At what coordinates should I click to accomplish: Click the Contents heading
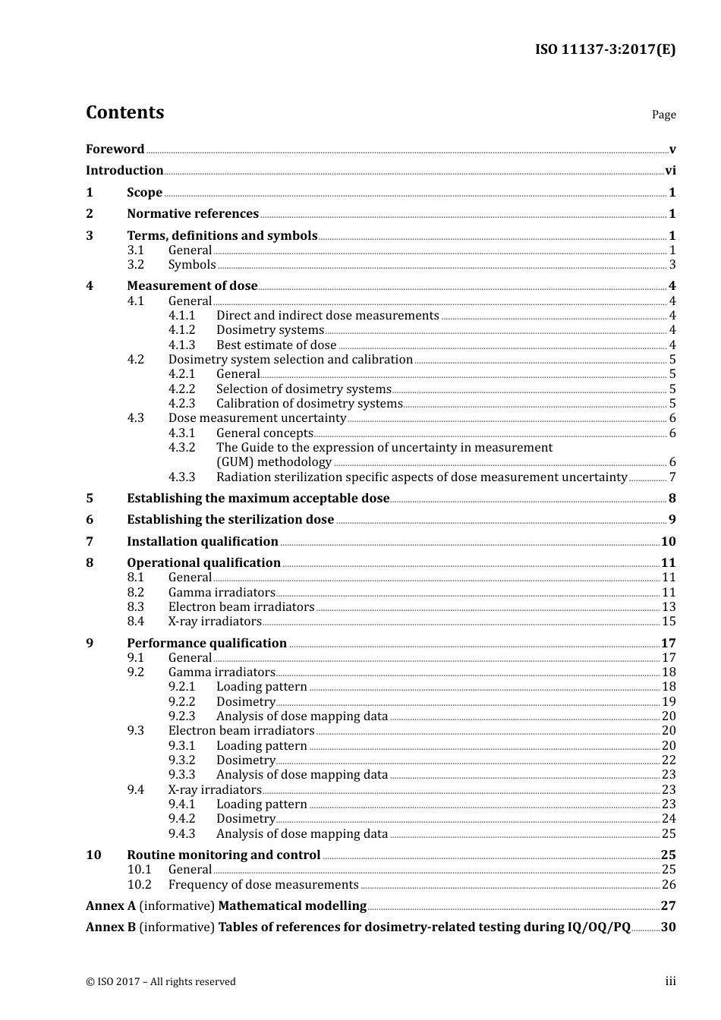(124, 112)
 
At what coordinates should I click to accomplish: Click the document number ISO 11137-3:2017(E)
(605, 49)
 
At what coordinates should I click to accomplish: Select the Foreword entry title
(115, 149)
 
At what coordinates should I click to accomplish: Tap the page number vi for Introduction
(670, 171)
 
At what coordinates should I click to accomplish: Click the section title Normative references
(193, 214)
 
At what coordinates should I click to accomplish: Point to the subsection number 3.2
(135, 265)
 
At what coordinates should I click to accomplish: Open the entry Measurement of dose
(192, 286)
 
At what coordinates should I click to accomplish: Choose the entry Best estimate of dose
(275, 345)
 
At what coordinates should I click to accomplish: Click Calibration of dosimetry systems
(309, 404)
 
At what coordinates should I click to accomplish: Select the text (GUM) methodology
(274, 462)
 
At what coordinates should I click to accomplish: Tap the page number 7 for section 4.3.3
(672, 477)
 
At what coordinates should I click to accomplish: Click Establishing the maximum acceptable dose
(258, 499)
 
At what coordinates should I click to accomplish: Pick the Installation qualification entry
(203, 542)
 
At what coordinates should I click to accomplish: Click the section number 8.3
(135, 607)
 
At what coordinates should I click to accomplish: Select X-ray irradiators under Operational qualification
(215, 622)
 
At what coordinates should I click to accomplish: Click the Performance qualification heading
(206, 644)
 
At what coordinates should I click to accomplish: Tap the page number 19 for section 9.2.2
(669, 702)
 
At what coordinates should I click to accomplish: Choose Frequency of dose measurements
(263, 885)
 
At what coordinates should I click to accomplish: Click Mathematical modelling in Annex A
(292, 906)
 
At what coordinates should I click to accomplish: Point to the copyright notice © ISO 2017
(160, 982)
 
